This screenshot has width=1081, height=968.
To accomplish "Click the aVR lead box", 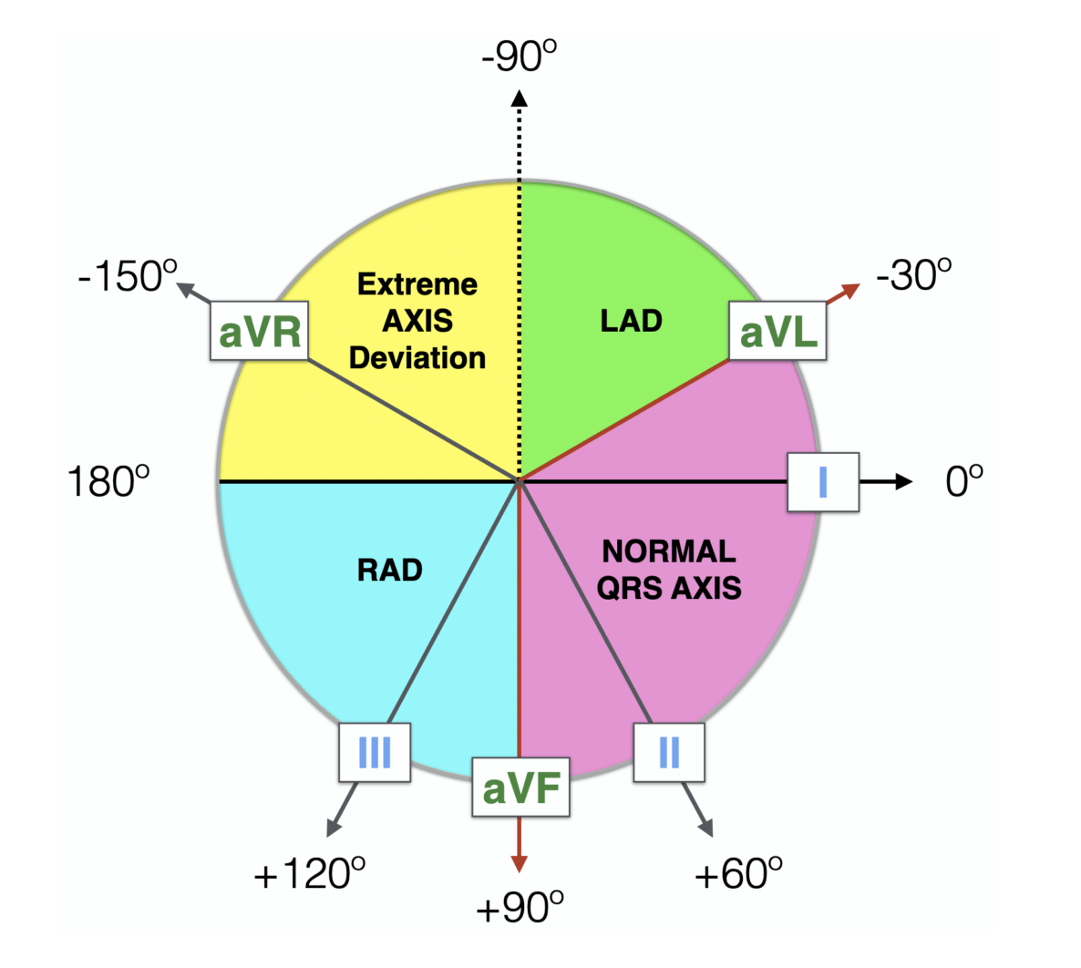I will [260, 331].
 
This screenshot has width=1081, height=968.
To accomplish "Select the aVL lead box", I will [778, 332].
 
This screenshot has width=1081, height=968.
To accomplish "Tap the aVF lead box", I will [520, 787].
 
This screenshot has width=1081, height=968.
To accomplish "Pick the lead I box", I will [823, 480].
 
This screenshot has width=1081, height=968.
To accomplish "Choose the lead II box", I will [669, 752].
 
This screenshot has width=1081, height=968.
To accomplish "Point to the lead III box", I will [375, 752].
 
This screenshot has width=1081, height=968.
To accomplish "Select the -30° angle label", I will [914, 273].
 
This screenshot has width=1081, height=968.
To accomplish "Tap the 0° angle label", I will [964, 480].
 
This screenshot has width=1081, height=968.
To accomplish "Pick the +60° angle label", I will [738, 873].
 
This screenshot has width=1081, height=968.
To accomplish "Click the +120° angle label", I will [310, 874].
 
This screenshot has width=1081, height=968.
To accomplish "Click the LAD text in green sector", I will [631, 321].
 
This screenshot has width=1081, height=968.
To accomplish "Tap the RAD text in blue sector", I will [390, 571].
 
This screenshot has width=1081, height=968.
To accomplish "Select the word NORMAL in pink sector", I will [669, 551].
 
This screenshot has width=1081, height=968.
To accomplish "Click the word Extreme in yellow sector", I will [417, 284].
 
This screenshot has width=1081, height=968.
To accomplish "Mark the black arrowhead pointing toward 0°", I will [903, 481].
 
